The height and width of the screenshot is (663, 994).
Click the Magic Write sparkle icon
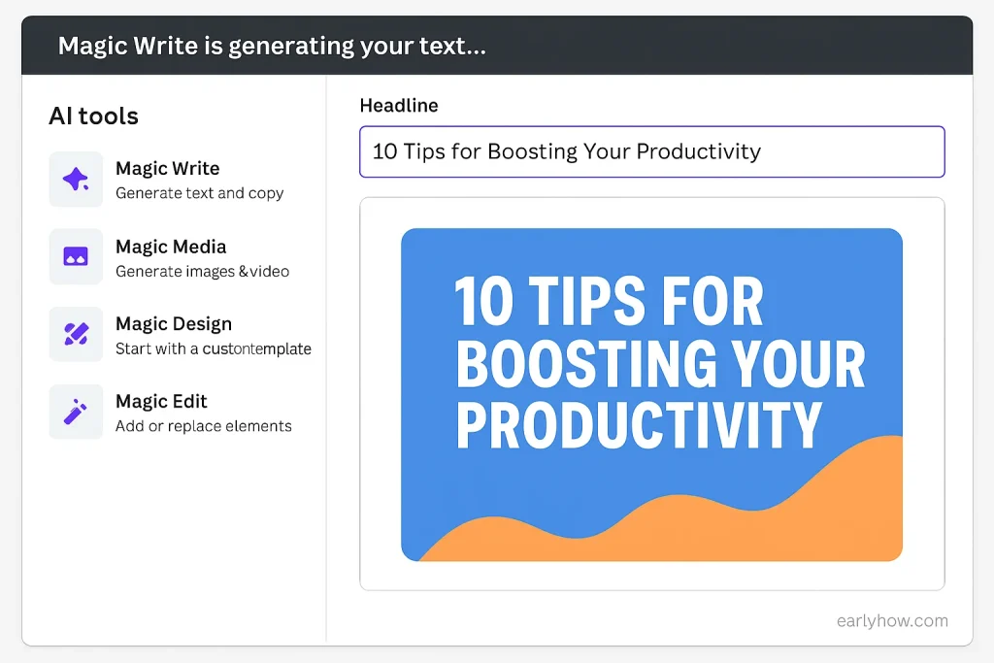click(76, 180)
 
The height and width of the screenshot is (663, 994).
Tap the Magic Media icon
click(76, 256)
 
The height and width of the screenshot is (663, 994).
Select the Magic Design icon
click(76, 334)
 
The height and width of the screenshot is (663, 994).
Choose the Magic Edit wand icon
click(76, 412)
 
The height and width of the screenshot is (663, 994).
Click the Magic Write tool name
click(167, 169)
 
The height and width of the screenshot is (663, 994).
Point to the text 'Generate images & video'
click(202, 271)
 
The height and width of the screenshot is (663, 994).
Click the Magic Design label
click(174, 324)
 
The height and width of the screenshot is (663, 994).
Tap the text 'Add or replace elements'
click(204, 426)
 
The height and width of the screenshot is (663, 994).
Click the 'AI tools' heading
click(94, 116)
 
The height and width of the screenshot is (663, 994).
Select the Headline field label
click(399, 105)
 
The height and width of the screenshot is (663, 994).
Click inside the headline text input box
click(652, 151)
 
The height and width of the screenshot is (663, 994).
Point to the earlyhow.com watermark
click(892, 620)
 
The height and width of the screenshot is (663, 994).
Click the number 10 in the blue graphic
click(483, 302)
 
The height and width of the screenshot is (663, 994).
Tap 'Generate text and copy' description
click(200, 193)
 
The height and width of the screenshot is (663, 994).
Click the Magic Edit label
click(161, 401)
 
